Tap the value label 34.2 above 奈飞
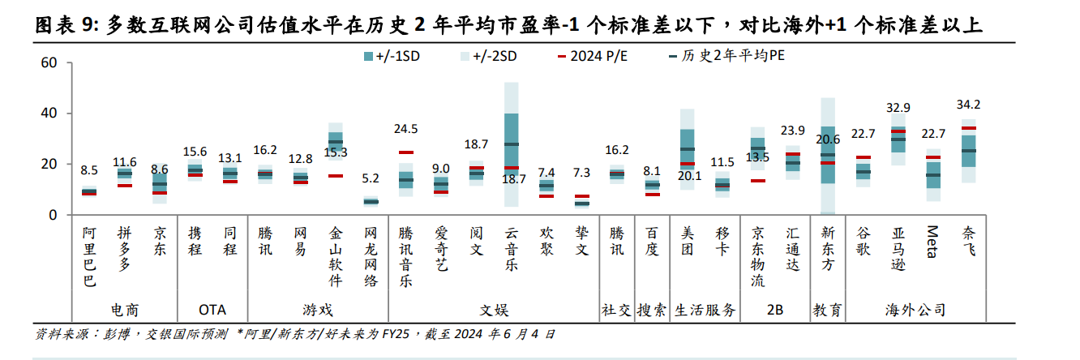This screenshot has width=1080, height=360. point(968,105)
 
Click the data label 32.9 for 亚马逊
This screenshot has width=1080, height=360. point(898,108)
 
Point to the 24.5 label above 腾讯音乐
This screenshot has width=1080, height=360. point(405,129)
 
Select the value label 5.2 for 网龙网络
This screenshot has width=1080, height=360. point(371,178)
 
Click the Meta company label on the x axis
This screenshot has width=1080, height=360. point(932,241)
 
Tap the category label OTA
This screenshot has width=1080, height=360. point(212,310)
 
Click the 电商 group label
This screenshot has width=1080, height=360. point(124,310)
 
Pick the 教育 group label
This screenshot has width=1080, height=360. point(827,310)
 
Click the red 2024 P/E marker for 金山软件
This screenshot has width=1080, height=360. point(336,175)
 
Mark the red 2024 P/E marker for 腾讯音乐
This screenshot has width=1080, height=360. point(405,152)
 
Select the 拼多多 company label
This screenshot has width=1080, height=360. point(124,247)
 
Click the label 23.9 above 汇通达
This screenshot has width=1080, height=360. point(792,131)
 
